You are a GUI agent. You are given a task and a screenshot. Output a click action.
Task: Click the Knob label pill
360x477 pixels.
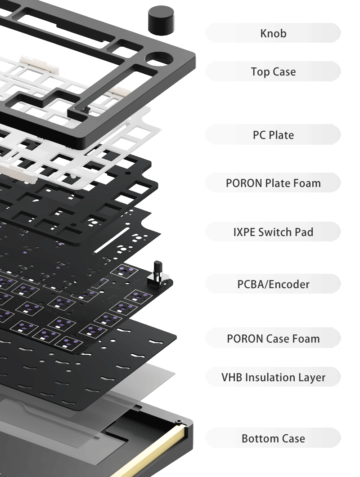pyautogui.click(x=273, y=33)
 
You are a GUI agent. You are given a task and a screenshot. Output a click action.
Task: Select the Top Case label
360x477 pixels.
pyautogui.click(x=273, y=71)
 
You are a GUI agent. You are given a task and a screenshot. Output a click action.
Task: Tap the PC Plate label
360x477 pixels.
pyautogui.click(x=273, y=135)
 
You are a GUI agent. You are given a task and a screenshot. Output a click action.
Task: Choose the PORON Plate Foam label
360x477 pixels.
pyautogui.click(x=273, y=183)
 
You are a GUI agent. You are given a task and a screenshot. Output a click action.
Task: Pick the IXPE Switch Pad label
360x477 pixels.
pyautogui.click(x=273, y=232)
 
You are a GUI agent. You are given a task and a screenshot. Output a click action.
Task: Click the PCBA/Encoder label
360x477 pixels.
pyautogui.click(x=273, y=284)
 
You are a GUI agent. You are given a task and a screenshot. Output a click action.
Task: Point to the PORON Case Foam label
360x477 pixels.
pyautogui.click(x=273, y=339)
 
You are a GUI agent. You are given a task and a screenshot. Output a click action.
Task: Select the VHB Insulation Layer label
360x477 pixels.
pyautogui.click(x=273, y=377)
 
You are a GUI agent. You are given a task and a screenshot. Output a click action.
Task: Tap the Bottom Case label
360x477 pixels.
pyautogui.click(x=273, y=438)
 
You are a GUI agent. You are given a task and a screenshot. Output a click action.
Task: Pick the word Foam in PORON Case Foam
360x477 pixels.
pyautogui.click(x=305, y=339)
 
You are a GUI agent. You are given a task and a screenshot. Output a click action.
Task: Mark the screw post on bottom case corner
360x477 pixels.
pyautogui.click(x=179, y=422)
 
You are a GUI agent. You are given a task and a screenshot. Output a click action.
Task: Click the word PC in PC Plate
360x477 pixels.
pyautogui.click(x=259, y=135)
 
